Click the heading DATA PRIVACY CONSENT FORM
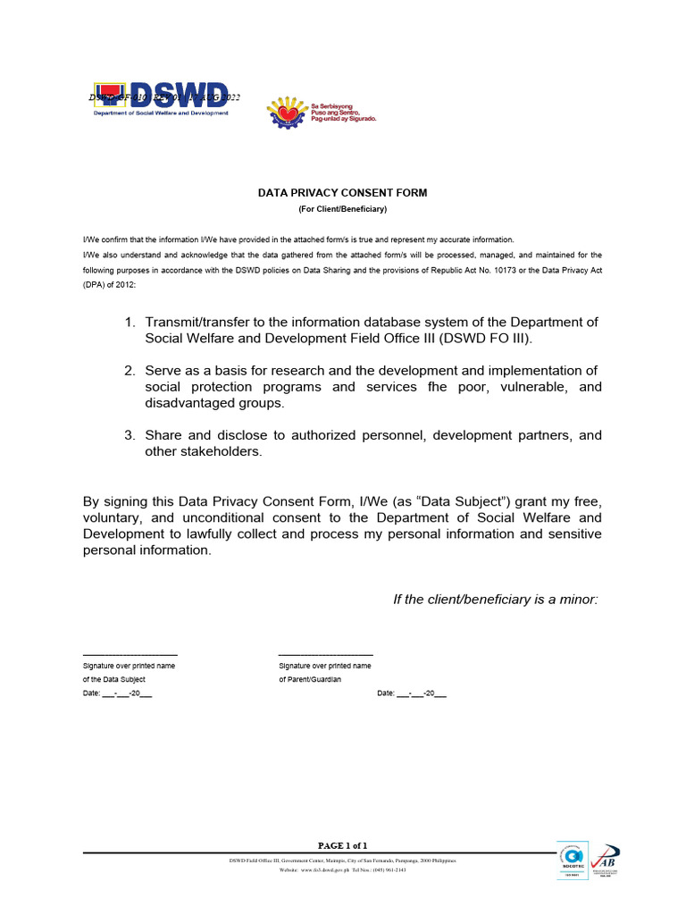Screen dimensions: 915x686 (342, 192)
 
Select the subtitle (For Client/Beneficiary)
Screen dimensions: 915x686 (342, 209)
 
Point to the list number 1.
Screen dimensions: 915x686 (130, 323)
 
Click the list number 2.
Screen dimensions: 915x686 (130, 371)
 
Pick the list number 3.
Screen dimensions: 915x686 (130, 436)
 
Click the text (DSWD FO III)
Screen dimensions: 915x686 (487, 339)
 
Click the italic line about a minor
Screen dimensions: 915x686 (495, 599)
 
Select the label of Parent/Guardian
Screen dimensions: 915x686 (310, 679)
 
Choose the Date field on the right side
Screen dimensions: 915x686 (412, 693)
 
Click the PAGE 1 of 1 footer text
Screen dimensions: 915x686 (343, 845)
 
